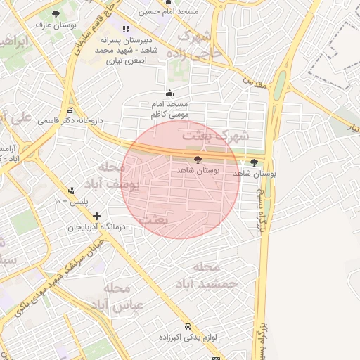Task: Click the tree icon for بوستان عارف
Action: [x=56, y=14]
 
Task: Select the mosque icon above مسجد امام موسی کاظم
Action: [x=168, y=94]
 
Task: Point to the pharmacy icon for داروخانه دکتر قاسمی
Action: [x=70, y=111]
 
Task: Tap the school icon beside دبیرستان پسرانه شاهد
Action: [x=126, y=29]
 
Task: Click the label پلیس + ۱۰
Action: [x=67, y=202]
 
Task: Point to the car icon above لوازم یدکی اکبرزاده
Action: [x=188, y=327]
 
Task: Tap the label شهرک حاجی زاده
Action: [x=200, y=44]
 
